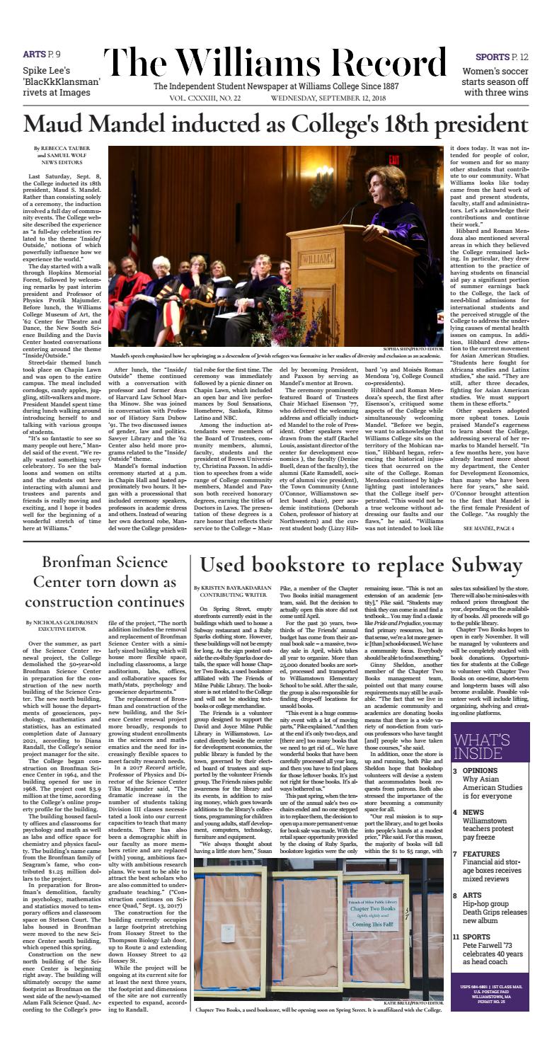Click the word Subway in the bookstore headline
(482, 564)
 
